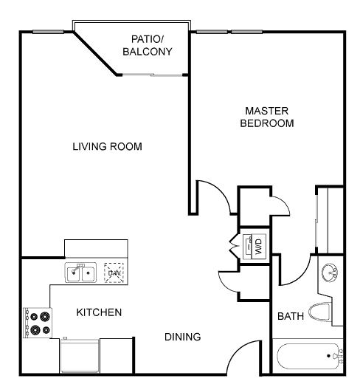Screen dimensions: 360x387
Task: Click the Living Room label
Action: (x=107, y=146)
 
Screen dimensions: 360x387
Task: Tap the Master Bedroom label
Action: (x=267, y=117)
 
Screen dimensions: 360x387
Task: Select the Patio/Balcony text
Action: (x=148, y=45)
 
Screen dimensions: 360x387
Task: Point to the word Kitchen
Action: (x=99, y=312)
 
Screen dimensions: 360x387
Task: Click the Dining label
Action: (x=183, y=337)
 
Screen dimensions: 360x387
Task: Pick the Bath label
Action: (x=291, y=316)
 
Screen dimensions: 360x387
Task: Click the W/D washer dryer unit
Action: (x=255, y=247)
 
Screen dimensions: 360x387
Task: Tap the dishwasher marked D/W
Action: (x=114, y=273)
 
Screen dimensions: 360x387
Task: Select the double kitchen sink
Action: (x=80, y=273)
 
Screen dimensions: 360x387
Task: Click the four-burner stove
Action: (x=38, y=323)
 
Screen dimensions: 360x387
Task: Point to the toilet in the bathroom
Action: (x=320, y=312)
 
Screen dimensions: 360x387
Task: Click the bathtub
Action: (x=308, y=357)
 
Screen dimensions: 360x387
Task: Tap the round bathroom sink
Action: (x=330, y=273)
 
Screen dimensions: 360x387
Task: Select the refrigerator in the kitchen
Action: (x=80, y=355)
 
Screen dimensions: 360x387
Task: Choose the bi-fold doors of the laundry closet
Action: (x=235, y=246)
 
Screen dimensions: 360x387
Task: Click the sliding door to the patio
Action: (x=153, y=75)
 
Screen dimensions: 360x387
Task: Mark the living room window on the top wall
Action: (x=49, y=32)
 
